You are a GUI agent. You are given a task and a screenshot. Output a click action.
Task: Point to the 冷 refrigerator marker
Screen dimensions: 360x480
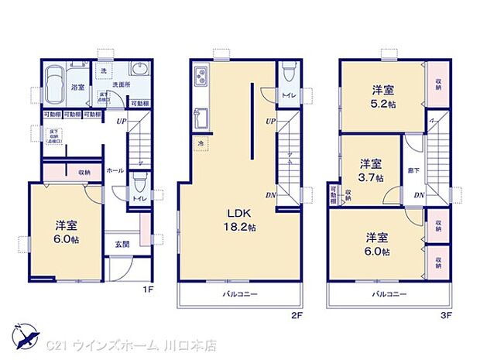coord(199,143)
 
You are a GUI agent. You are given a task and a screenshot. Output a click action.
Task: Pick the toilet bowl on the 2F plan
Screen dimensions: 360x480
coord(288,72)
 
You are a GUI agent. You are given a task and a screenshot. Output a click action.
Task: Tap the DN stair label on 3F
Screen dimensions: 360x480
coord(418,195)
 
